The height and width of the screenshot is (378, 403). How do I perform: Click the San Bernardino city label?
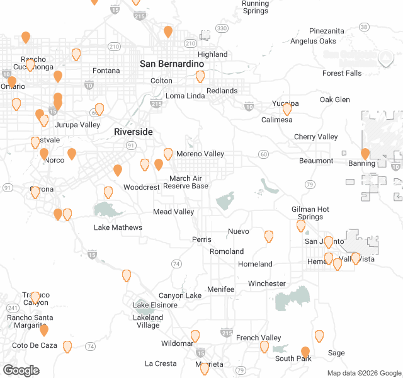172,64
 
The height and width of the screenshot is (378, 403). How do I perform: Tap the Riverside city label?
133,132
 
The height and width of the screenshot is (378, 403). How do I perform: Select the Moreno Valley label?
200,154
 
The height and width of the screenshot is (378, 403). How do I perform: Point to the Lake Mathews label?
118,227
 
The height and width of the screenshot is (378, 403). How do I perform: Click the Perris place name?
201,240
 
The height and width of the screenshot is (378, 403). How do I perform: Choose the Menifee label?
220,289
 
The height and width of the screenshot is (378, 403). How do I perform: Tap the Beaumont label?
316,161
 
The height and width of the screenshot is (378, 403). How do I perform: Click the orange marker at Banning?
365,154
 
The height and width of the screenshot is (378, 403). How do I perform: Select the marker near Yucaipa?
287,109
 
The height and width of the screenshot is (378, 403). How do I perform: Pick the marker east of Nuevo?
269,236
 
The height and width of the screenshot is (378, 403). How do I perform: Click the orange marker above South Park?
305,352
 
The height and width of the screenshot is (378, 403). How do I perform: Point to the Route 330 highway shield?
222,28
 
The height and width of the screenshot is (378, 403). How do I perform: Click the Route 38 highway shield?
364,26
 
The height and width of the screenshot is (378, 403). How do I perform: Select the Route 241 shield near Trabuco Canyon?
12,307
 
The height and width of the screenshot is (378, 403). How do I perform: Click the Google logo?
21,370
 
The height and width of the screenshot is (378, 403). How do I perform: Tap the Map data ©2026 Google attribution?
363,373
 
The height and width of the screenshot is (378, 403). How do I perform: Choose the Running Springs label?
255,8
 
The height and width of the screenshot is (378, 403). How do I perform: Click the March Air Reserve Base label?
186,182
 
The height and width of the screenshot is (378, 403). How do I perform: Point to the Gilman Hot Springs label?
310,213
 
